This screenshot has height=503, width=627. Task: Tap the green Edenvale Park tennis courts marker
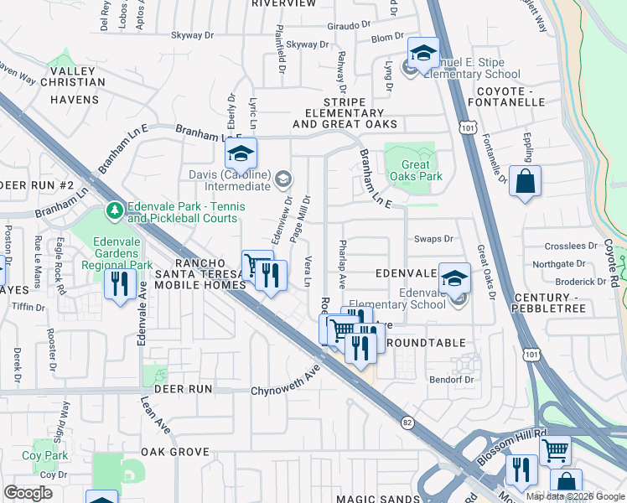(111, 209)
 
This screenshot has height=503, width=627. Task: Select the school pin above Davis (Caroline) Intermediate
(241, 154)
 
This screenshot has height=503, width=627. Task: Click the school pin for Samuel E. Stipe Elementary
(423, 53)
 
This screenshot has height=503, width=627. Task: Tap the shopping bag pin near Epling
(525, 181)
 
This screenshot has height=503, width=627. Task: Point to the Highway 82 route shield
(407, 423)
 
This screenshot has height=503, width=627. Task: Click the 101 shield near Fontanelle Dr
(467, 125)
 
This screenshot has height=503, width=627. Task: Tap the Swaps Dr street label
(433, 239)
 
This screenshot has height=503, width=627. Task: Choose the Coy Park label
(44, 455)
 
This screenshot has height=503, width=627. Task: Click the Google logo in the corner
(28, 492)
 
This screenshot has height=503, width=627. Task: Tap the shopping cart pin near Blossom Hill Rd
(555, 450)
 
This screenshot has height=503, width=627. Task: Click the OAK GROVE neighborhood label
(174, 452)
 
